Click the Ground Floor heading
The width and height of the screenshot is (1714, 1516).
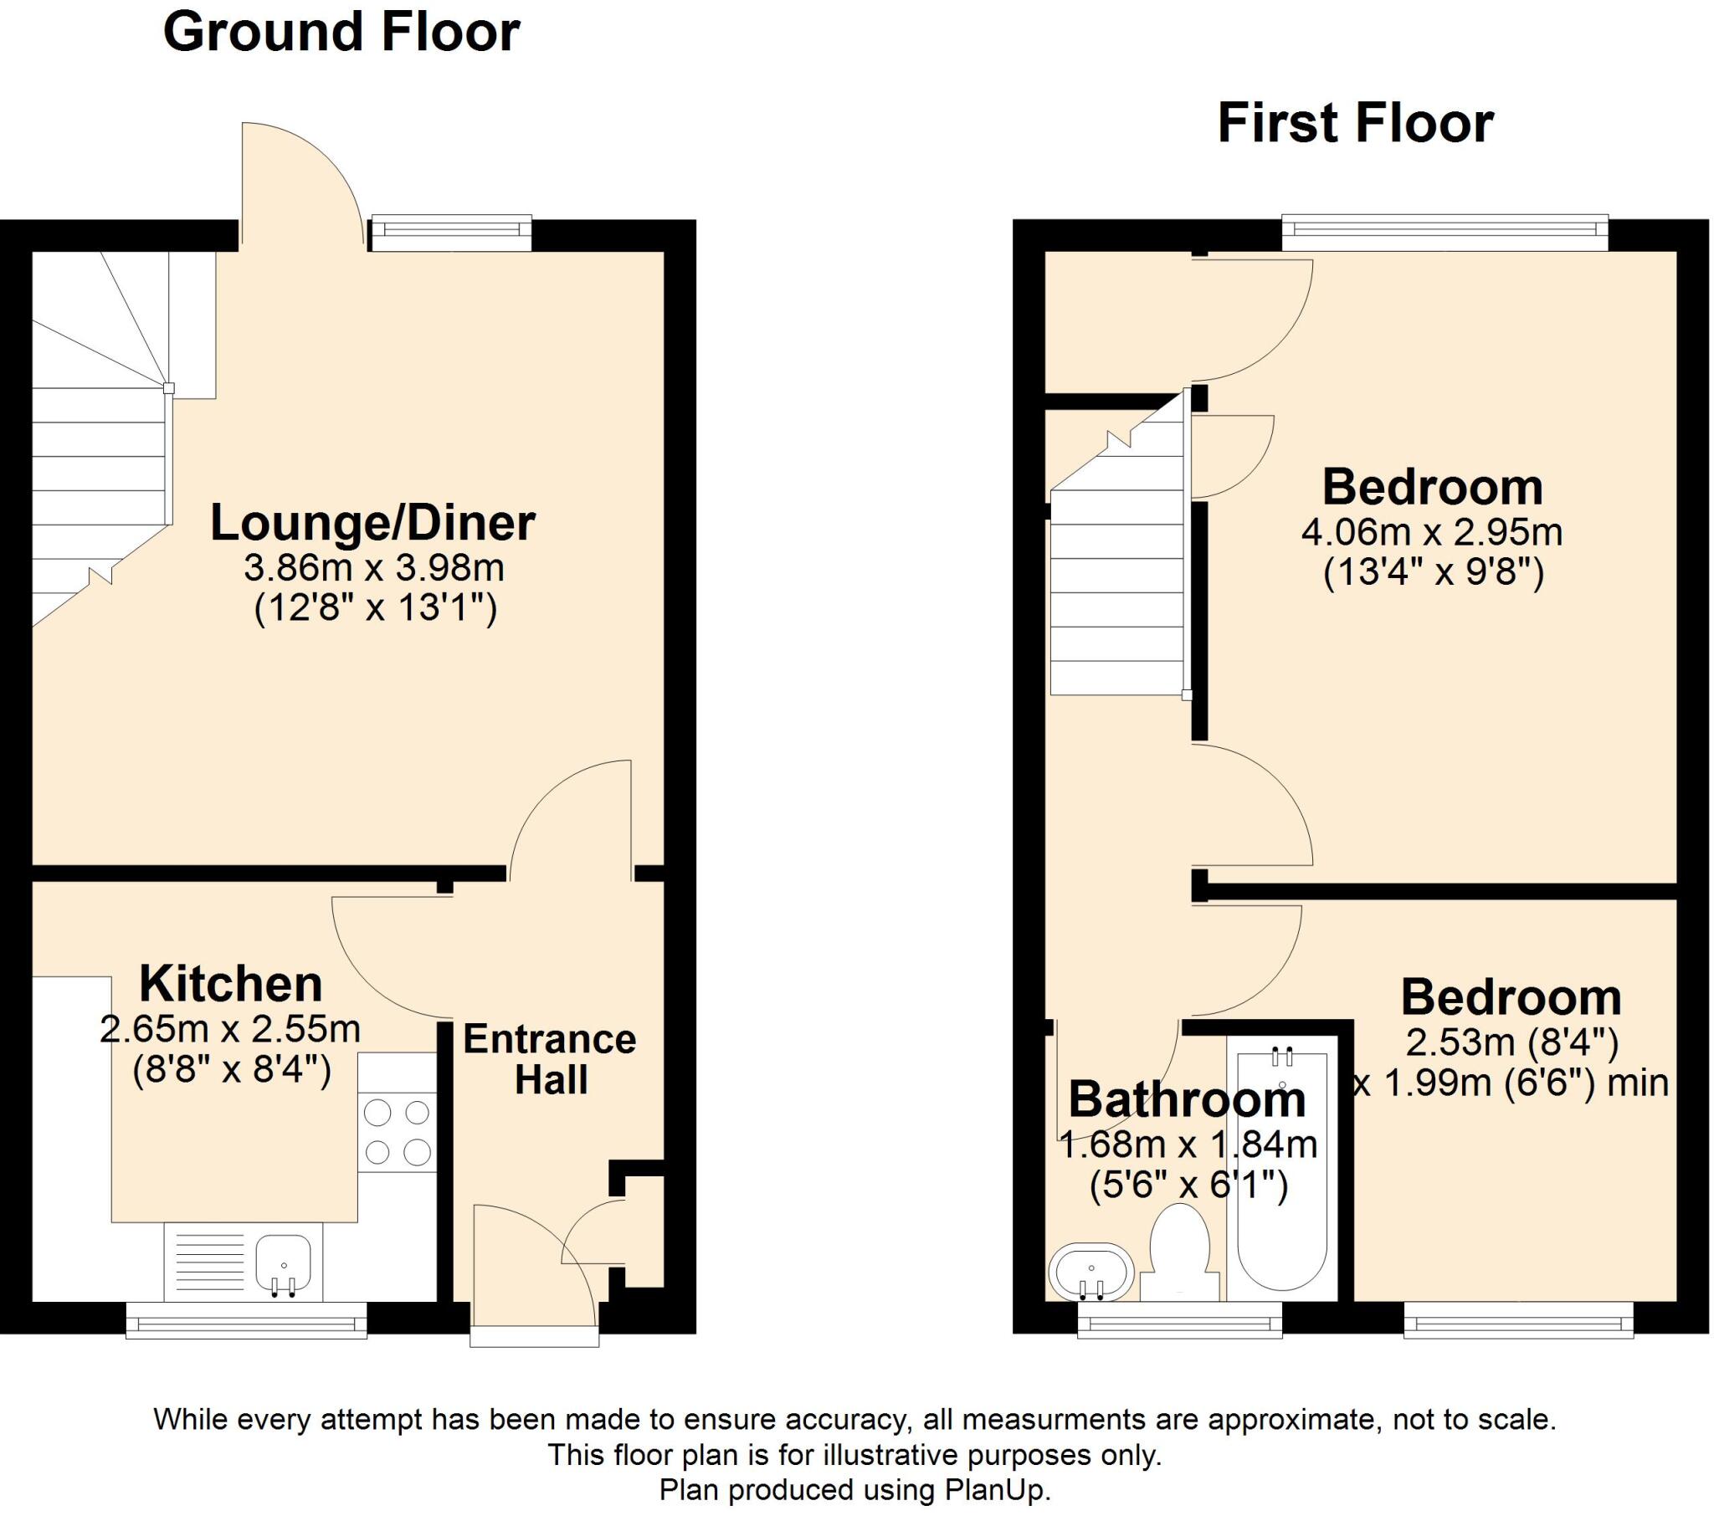tap(341, 33)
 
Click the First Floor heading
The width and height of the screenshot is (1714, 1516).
tap(1355, 124)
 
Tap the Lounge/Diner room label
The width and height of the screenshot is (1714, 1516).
tap(372, 523)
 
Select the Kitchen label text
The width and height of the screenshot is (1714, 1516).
tap(231, 984)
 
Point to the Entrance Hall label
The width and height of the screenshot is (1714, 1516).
tap(550, 1059)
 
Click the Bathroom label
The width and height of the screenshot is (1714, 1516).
tap(1187, 1099)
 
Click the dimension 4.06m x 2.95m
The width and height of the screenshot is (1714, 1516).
tap(1431, 531)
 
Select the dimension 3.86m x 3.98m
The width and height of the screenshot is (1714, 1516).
tap(374, 569)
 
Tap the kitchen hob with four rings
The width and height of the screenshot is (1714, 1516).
tap(398, 1133)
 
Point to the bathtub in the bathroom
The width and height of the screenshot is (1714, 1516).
tap(1281, 1174)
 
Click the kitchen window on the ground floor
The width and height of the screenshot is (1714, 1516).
tap(247, 1323)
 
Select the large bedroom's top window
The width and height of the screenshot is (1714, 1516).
tap(1445, 233)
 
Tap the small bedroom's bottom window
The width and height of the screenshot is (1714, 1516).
tap(1518, 1323)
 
